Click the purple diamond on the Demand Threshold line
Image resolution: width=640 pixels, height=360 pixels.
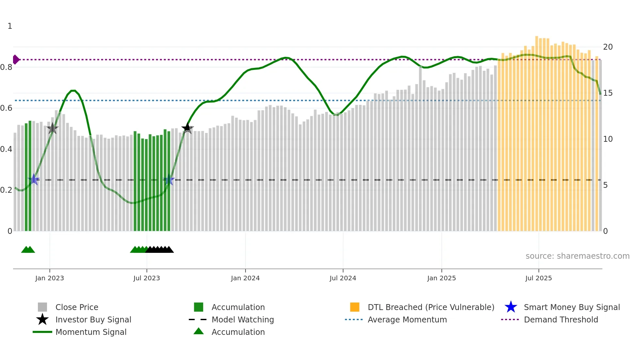[16, 59]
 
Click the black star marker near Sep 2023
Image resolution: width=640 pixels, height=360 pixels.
[187, 128]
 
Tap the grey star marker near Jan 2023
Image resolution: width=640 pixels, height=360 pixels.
[52, 128]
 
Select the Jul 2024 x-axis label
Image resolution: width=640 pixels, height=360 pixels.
[343, 278]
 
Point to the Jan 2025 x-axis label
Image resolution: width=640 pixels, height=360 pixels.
[441, 278]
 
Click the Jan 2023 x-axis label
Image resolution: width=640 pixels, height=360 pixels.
[50, 278]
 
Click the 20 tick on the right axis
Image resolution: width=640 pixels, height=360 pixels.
[608, 47]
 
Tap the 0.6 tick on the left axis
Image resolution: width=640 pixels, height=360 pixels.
[7, 108]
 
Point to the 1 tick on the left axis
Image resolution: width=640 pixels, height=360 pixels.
[10, 26]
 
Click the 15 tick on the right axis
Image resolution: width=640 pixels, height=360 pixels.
[608, 93]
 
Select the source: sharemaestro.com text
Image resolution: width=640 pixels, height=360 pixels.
[577, 256]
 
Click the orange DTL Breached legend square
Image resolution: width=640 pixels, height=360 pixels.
[355, 307]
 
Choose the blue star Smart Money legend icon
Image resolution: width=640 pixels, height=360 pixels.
[511, 307]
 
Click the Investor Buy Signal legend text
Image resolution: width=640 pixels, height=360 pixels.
[93, 319]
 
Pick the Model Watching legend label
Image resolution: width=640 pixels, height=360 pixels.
[243, 319]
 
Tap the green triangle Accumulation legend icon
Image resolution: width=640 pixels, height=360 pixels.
[199, 331]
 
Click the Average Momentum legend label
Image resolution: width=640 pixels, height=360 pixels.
[407, 319]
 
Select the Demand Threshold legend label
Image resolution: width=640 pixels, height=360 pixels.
[561, 319]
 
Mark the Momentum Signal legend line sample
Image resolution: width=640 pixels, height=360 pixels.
[42, 332]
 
